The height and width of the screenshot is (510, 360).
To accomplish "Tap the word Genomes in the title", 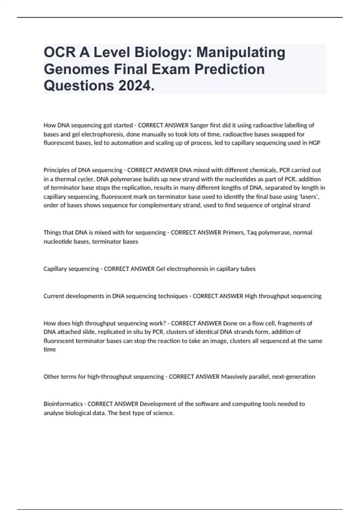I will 76,69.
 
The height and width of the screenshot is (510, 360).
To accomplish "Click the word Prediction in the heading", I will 229,69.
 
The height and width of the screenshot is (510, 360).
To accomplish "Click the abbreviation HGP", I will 314,143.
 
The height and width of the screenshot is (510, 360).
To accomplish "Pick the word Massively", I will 234,376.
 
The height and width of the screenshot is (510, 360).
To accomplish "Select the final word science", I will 164,413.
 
